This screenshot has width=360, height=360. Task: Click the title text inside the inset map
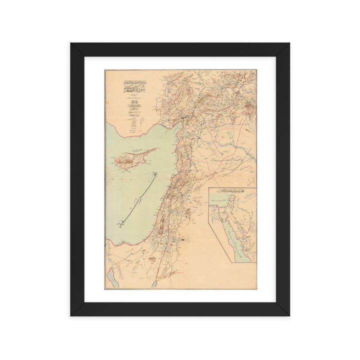232,192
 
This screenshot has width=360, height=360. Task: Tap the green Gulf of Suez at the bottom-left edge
110,279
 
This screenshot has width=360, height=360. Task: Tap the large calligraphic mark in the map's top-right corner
245,76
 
